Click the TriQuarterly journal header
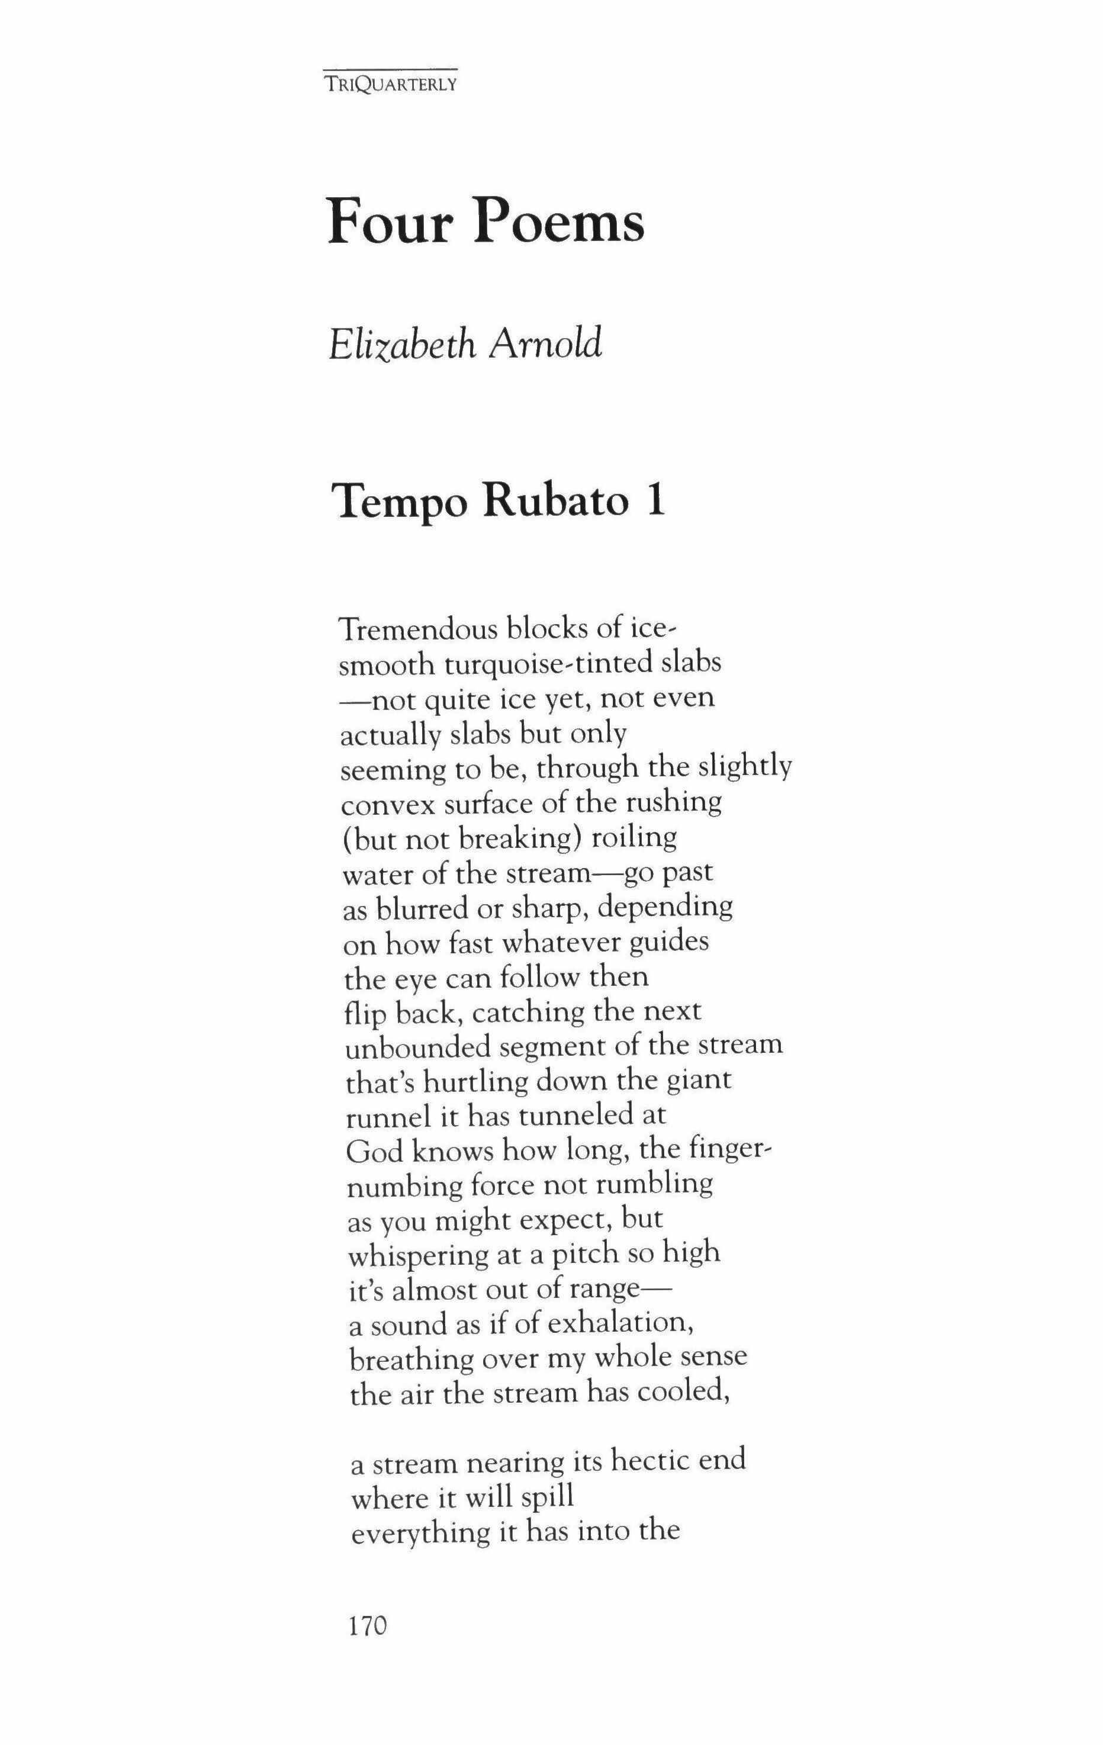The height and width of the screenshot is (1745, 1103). [x=391, y=84]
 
